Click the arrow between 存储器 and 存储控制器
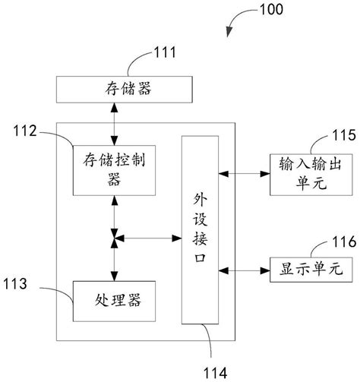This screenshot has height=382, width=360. (114, 123)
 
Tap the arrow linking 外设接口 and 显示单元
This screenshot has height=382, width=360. (245, 270)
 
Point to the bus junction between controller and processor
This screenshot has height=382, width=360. (114, 241)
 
